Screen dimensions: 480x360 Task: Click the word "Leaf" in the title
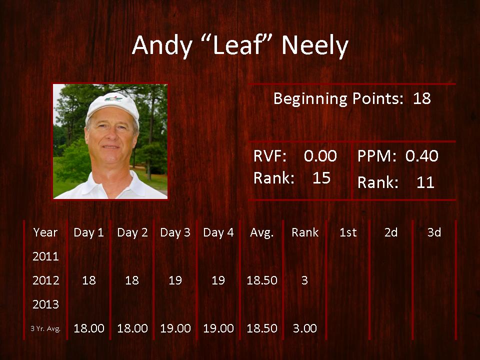coord(238,45)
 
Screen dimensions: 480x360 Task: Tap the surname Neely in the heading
coord(315,46)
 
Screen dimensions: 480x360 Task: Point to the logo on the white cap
coord(113,98)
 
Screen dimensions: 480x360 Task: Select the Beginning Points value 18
coord(422,98)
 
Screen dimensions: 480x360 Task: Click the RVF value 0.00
coord(320,156)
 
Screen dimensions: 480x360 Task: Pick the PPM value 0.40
coord(422,156)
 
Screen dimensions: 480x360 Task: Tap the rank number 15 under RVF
coord(321,178)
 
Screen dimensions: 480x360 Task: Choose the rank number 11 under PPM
coord(425,182)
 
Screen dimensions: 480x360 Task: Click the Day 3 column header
coord(175,232)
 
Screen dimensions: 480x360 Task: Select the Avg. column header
coord(261,233)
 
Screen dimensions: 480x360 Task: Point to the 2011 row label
coord(45,256)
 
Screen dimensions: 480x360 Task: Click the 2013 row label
coord(45,304)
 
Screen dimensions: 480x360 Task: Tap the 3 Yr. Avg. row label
coord(45,329)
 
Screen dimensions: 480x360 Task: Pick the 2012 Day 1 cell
coord(89,280)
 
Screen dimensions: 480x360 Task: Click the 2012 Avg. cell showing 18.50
coord(262,280)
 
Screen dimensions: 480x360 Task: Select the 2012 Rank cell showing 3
coord(304,280)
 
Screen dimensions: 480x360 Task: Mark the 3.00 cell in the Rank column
coord(305,328)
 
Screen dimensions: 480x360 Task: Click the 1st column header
coord(348,232)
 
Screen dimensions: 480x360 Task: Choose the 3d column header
coord(434,232)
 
